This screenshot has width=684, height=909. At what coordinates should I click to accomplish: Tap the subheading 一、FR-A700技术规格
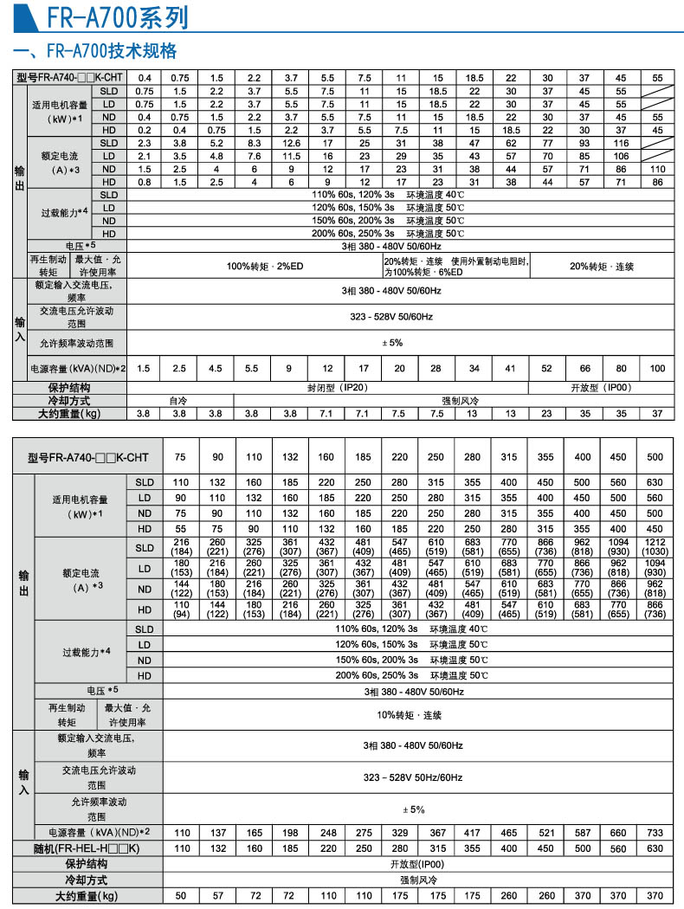[95, 49]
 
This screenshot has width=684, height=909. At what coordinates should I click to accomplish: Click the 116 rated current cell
[621, 143]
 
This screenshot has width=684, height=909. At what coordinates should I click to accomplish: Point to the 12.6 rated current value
[291, 143]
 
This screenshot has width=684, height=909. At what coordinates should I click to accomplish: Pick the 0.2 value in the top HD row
[145, 130]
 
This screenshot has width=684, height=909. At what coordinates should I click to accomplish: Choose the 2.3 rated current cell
[145, 143]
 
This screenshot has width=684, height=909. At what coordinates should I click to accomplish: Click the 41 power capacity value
[511, 369]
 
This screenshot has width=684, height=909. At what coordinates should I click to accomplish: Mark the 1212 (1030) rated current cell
[655, 547]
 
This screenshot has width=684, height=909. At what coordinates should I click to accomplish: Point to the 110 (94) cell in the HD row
[182, 610]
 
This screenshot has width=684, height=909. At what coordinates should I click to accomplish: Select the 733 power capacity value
[655, 832]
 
